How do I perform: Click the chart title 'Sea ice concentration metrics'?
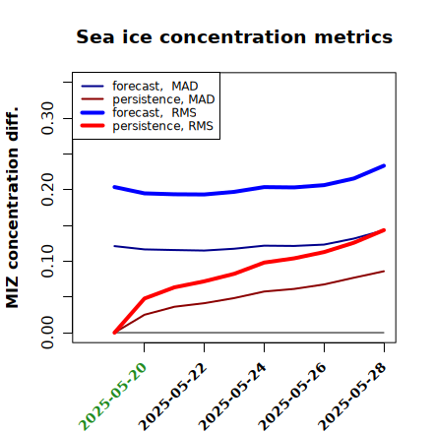(234, 36)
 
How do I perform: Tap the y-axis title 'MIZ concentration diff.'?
(12, 208)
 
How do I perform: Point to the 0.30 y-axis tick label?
(47, 118)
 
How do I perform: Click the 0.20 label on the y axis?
(47, 190)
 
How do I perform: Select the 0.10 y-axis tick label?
(47, 261)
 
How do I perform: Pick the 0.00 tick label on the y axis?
(47, 333)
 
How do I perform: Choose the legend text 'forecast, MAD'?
(155, 86)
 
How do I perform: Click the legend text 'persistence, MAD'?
(163, 99)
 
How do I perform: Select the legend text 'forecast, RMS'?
(155, 112)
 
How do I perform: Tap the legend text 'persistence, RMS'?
(162, 126)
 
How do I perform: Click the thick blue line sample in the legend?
(93, 112)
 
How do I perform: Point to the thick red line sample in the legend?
(93, 126)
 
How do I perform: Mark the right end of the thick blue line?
(384, 165)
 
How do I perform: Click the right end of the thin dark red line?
(384, 272)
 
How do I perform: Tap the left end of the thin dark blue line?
(114, 246)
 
